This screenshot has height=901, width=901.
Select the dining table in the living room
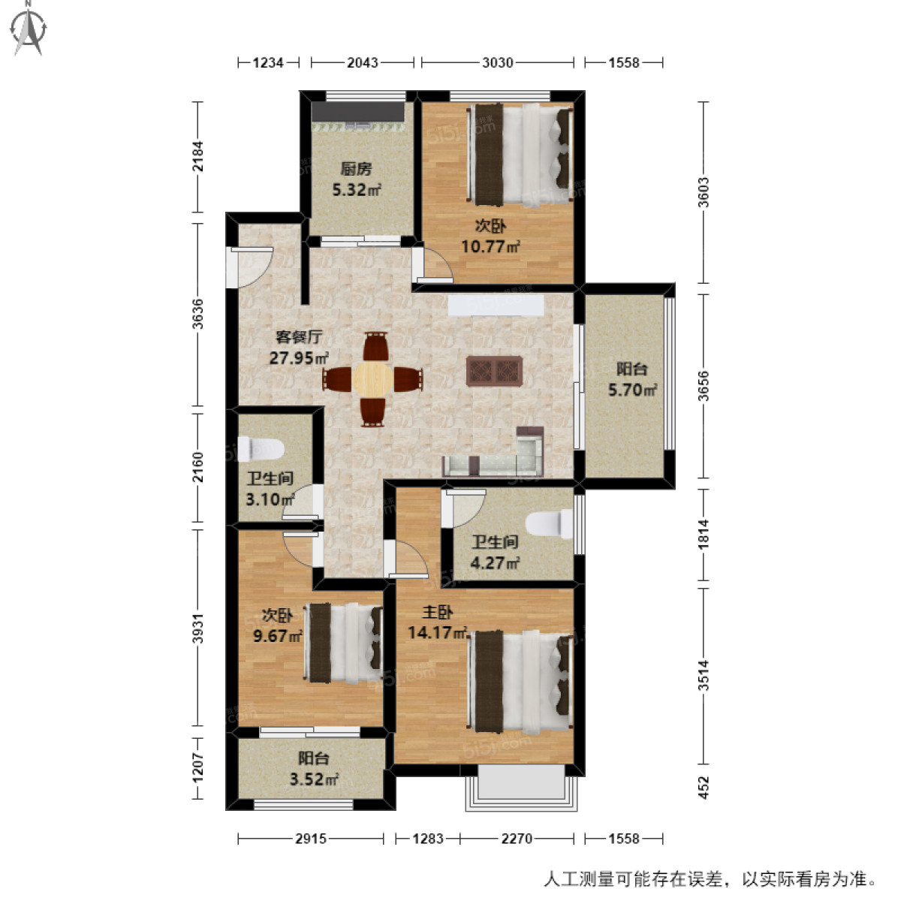373,378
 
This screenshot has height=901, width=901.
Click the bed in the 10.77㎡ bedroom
523,155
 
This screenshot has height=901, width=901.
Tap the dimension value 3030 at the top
498,62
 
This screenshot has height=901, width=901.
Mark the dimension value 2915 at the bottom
310,838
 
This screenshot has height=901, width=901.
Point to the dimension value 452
704,786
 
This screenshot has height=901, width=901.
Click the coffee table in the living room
494,371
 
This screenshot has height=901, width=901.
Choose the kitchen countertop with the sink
358,112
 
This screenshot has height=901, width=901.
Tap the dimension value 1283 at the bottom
427,838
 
